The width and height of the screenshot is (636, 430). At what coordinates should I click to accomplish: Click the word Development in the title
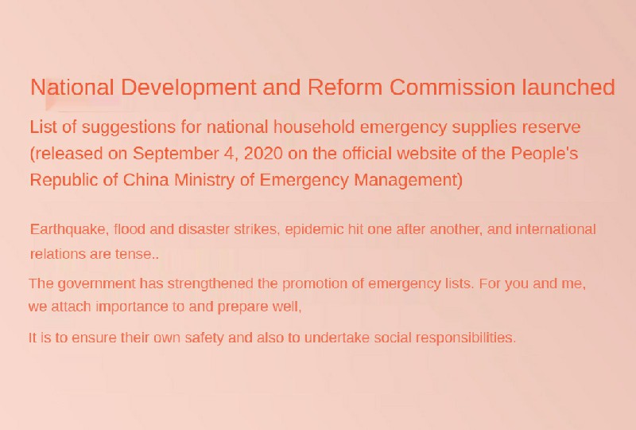(x=188, y=88)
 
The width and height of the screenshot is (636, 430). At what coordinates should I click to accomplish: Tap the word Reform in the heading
(x=345, y=87)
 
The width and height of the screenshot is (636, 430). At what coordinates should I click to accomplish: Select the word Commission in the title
(x=452, y=87)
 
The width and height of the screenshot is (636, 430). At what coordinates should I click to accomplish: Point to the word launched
(x=568, y=87)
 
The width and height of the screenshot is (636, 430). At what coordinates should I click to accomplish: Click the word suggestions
(x=129, y=127)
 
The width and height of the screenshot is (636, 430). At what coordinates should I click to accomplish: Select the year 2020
(x=263, y=154)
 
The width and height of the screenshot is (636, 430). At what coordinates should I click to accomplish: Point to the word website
(x=425, y=154)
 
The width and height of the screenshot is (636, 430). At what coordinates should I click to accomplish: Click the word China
(x=145, y=180)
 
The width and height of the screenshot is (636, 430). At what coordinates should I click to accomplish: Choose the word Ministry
(x=204, y=180)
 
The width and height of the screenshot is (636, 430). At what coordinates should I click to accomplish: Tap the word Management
(x=408, y=180)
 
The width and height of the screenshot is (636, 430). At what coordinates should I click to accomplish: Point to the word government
(x=96, y=283)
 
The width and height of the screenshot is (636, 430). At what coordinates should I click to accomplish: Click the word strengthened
(x=211, y=283)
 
